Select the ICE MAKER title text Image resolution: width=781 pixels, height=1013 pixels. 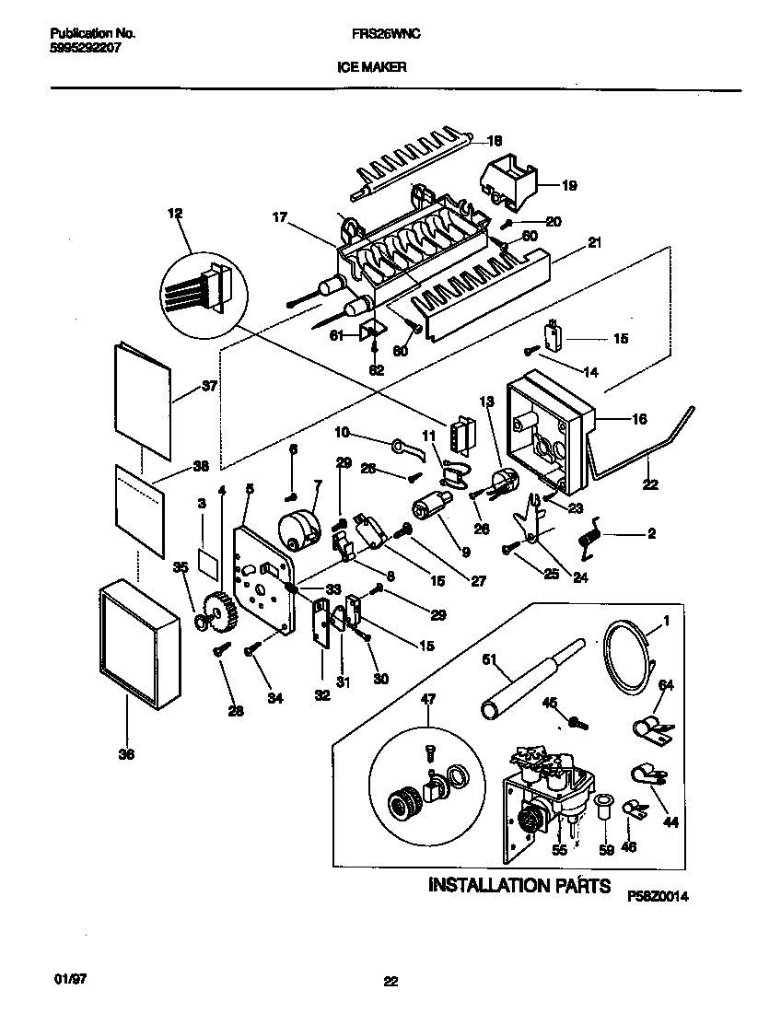(x=378, y=66)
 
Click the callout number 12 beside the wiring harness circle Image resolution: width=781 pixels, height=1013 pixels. (x=175, y=214)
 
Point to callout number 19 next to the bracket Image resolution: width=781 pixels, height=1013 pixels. (x=569, y=185)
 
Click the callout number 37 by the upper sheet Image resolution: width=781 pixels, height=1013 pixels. (x=209, y=386)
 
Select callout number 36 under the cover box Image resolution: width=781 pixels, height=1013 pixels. (x=126, y=755)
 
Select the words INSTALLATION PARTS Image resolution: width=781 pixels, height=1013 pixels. (x=519, y=885)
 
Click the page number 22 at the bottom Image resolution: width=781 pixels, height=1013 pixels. (x=390, y=982)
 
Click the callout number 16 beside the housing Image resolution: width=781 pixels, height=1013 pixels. (x=638, y=419)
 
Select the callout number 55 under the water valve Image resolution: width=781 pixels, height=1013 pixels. (x=559, y=851)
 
